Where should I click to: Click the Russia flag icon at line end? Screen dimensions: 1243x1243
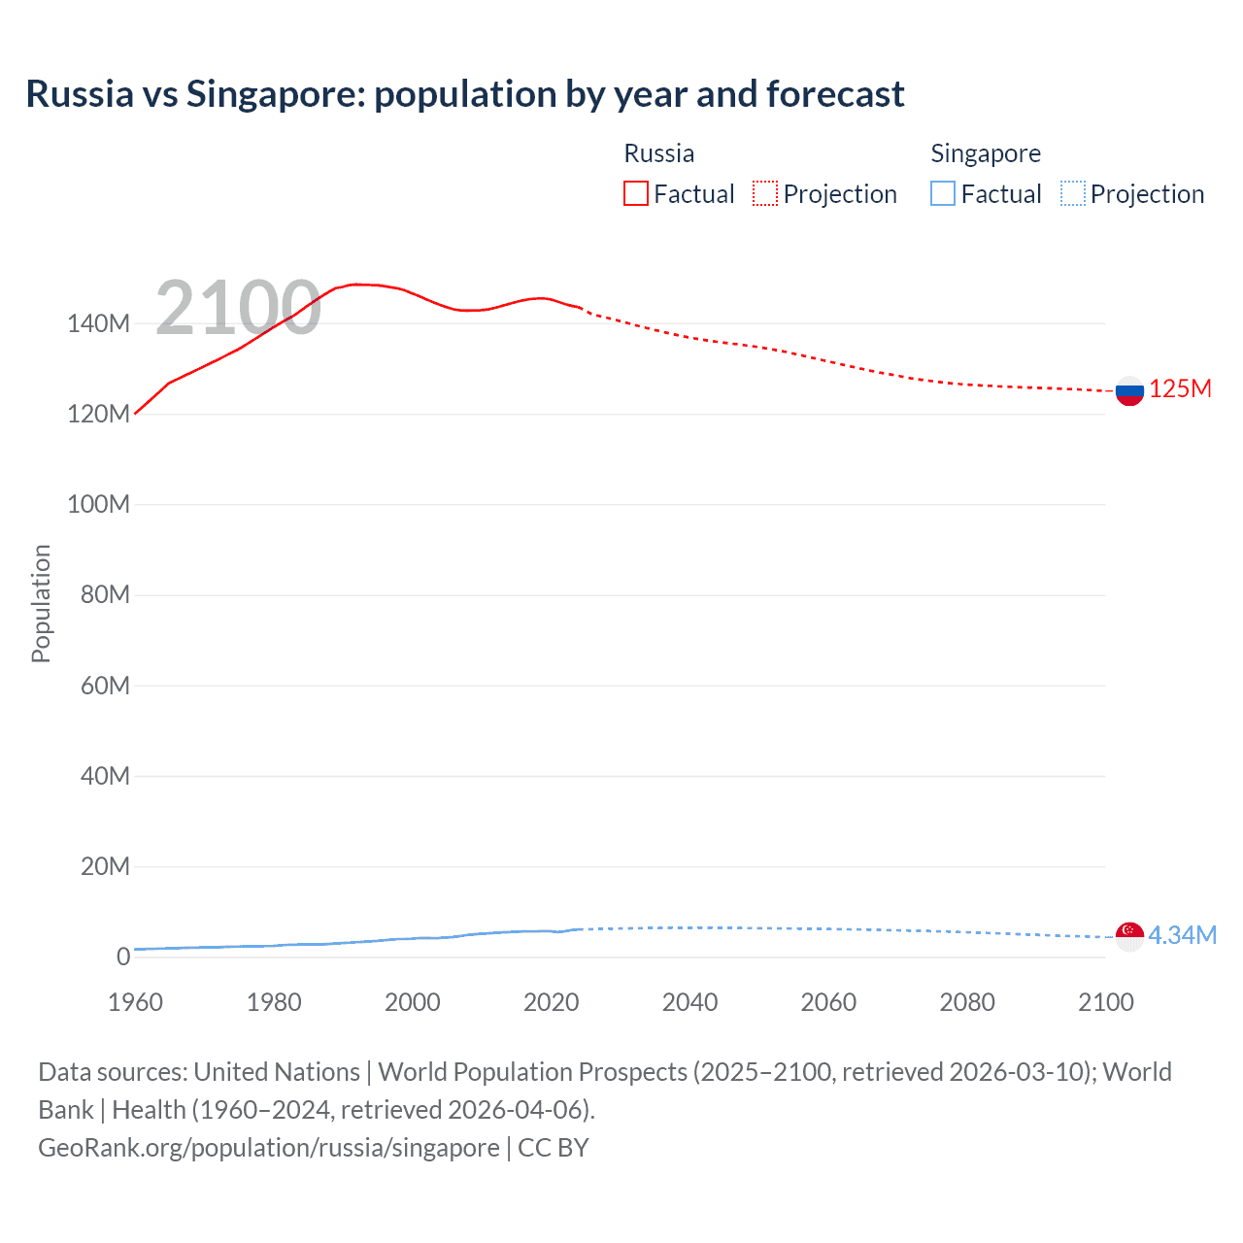[1129, 391]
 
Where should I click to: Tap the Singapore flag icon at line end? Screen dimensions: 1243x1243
[1129, 936]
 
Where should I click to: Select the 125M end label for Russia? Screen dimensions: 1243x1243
[1180, 389]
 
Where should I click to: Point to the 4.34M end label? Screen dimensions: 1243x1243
[1182, 935]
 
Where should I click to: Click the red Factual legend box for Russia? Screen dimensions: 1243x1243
[635, 194]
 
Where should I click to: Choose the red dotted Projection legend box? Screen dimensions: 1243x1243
[765, 194]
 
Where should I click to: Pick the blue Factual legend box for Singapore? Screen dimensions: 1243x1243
[942, 194]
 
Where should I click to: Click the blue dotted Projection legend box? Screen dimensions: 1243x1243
[1073, 194]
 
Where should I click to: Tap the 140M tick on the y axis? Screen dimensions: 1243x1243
[98, 324]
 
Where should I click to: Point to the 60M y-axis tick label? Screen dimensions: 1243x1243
[104, 687]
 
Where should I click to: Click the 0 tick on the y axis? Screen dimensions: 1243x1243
[122, 957]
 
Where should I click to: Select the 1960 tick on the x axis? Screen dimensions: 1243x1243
[135, 1002]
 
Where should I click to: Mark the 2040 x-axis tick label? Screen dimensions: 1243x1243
[689, 1002]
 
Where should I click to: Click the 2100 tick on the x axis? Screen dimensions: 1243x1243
[1105, 1002]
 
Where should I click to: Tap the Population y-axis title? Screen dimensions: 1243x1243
[41, 603]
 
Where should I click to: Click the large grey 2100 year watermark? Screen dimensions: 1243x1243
[238, 308]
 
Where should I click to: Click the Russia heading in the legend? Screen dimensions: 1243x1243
[658, 153]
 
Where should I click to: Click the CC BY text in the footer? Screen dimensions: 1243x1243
[554, 1147]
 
